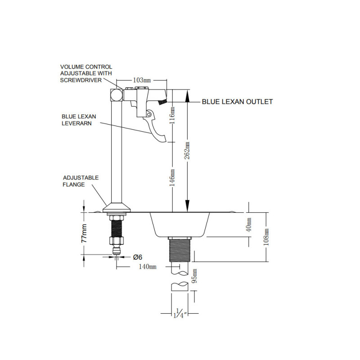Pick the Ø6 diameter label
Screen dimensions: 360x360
138,257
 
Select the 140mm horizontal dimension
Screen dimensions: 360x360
148,267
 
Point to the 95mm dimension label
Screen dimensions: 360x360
194,276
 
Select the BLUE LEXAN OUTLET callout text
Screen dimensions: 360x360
237,102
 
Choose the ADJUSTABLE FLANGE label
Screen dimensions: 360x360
81,181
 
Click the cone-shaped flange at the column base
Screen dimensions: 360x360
117,207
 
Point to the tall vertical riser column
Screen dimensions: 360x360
117,153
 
